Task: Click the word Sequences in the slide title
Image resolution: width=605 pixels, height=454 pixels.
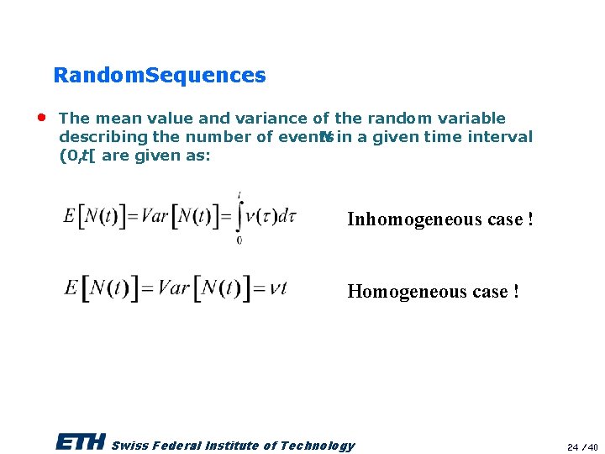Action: (x=206, y=76)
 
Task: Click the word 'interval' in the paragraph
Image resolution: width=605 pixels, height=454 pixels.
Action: (x=501, y=137)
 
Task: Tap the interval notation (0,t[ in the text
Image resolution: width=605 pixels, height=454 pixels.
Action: (x=76, y=156)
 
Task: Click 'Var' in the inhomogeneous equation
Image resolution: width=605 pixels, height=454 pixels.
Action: (x=155, y=217)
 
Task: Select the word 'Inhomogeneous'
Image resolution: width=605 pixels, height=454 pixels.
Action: (x=408, y=219)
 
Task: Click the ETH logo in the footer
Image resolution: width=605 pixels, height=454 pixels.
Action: (x=81, y=442)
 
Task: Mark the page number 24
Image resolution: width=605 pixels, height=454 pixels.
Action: (x=572, y=446)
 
